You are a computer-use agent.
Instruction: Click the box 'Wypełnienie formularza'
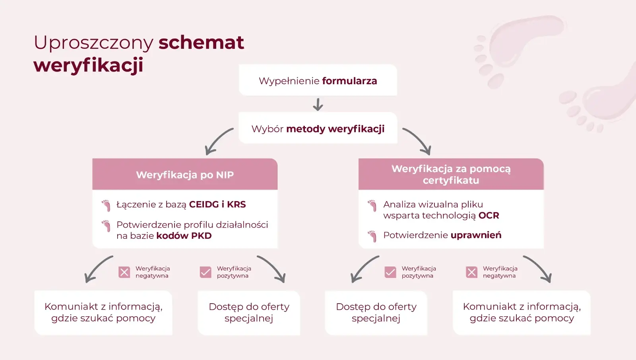coord(318,80)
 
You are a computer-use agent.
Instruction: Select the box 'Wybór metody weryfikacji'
coord(318,128)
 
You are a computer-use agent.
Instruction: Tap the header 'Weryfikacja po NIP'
coord(185,174)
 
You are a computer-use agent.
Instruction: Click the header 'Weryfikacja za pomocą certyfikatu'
coord(451,174)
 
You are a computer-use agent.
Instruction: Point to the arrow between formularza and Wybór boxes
coord(318,105)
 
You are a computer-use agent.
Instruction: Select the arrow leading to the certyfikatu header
coord(417,141)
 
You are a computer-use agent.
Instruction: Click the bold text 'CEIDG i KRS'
coord(217,204)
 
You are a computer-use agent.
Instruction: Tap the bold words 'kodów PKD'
coord(184,236)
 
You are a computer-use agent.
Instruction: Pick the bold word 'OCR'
coord(489,215)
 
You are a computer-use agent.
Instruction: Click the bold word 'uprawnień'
coord(476,235)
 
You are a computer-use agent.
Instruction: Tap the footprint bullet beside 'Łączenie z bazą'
coord(106,205)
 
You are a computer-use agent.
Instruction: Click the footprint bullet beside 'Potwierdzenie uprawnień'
coord(372,236)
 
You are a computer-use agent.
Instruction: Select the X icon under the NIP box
coord(124,272)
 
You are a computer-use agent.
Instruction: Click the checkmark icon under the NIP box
coord(206,272)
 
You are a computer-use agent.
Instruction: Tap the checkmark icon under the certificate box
coord(390,272)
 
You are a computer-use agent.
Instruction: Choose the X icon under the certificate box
coord(471,272)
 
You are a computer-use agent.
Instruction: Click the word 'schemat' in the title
coord(201,43)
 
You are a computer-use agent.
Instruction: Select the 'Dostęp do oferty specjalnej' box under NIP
coord(249,312)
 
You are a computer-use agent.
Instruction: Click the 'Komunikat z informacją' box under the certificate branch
coord(522,312)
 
